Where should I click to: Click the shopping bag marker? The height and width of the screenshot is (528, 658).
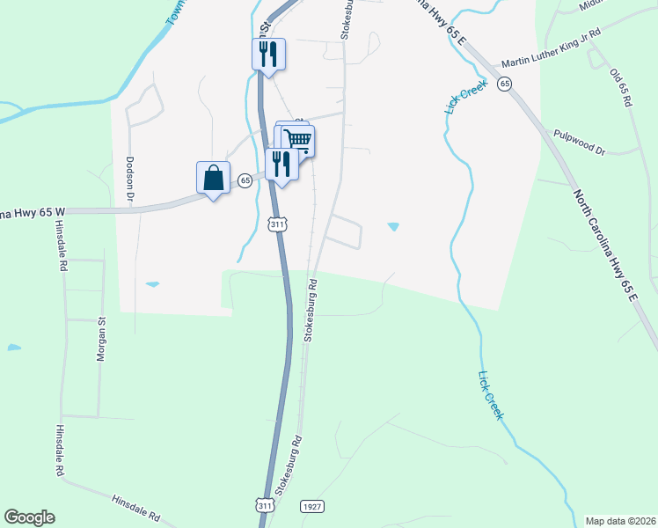tap(213, 179)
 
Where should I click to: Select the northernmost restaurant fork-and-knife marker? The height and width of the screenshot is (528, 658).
tap(268, 55)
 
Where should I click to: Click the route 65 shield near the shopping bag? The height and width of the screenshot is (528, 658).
tap(245, 180)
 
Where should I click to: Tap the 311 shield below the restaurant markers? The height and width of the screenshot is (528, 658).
tap(277, 225)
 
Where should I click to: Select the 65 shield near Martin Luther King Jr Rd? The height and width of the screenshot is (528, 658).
tap(503, 84)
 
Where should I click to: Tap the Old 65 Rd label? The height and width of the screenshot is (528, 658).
tap(621, 87)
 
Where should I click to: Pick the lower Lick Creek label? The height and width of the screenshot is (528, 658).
tap(491, 395)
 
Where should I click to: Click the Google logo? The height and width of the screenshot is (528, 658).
tap(29, 517)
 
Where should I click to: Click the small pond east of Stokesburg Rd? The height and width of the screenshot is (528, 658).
tap(392, 227)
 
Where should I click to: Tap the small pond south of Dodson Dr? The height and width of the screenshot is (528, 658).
tap(153, 284)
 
